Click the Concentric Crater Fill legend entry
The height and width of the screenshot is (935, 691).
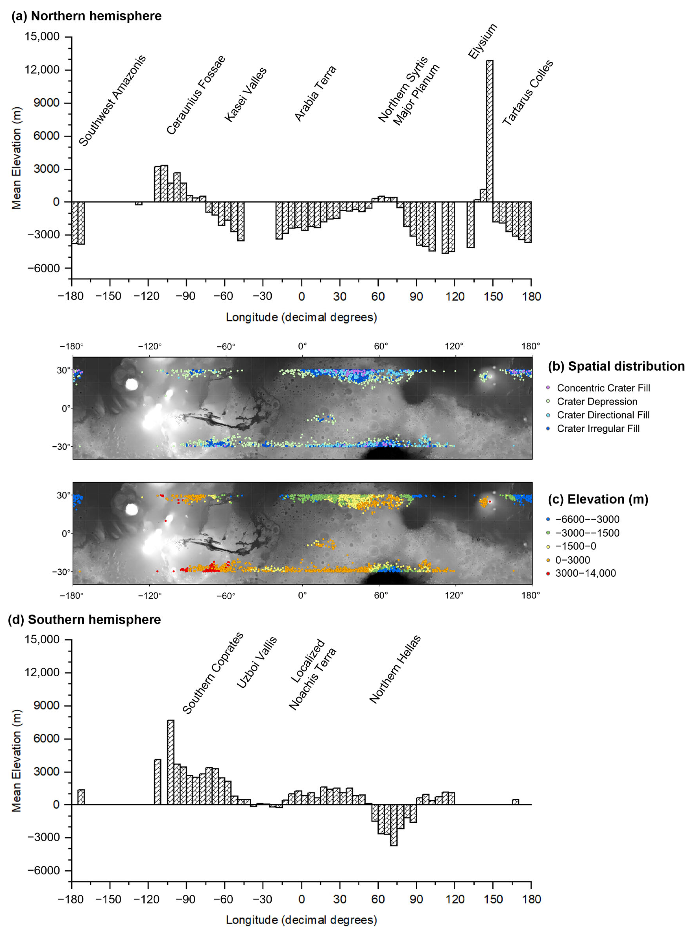point(603,388)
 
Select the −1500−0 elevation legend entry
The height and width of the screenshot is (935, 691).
point(576,546)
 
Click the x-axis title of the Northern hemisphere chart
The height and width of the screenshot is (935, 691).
point(301,317)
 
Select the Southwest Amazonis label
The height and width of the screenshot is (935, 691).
point(112,100)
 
